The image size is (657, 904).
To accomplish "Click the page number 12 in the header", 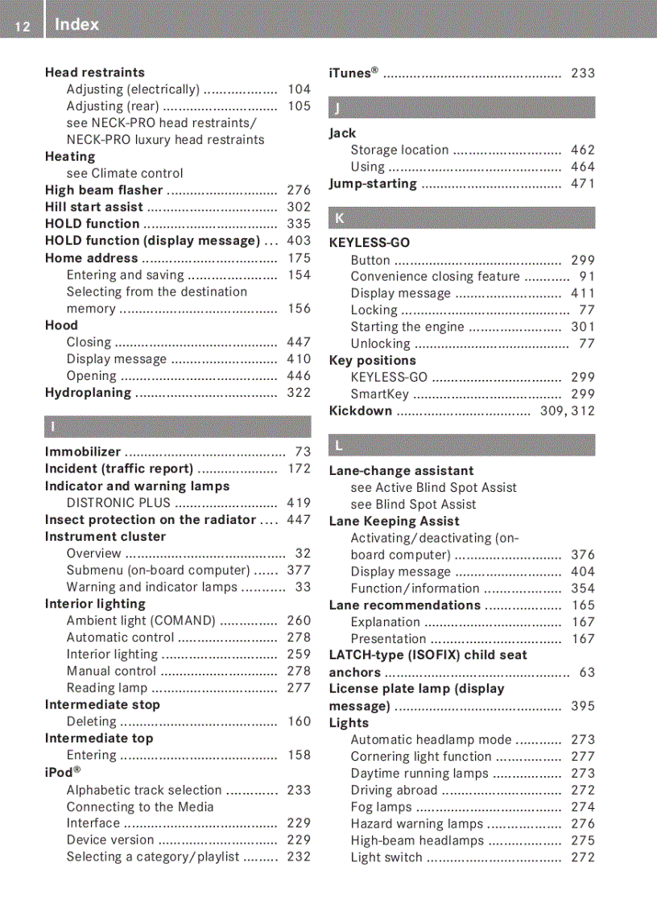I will (x=23, y=27).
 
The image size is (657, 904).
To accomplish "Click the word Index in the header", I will (x=77, y=25).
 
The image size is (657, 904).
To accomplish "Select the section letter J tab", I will (x=461, y=107).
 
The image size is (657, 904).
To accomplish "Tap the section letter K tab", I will (x=461, y=217).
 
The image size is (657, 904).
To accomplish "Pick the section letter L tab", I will (x=461, y=445).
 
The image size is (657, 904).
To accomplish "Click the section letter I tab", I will (x=177, y=427).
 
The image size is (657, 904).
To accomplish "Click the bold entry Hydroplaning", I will (x=88, y=393).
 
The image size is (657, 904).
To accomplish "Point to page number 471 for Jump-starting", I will (x=582, y=184).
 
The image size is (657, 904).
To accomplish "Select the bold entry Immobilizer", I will (x=83, y=452).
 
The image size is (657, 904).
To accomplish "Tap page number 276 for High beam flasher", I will (x=299, y=191).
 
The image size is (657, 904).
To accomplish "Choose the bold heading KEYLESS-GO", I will (x=370, y=242).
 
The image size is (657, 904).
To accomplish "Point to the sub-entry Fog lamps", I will (x=381, y=807).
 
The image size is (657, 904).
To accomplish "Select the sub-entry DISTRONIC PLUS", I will (x=118, y=503).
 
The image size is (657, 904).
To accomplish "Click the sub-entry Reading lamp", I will (x=107, y=688).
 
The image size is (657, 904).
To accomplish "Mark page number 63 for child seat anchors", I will (x=587, y=672).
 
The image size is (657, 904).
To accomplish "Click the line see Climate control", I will (x=125, y=173).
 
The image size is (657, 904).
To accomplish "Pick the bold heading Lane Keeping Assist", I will (x=394, y=521).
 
